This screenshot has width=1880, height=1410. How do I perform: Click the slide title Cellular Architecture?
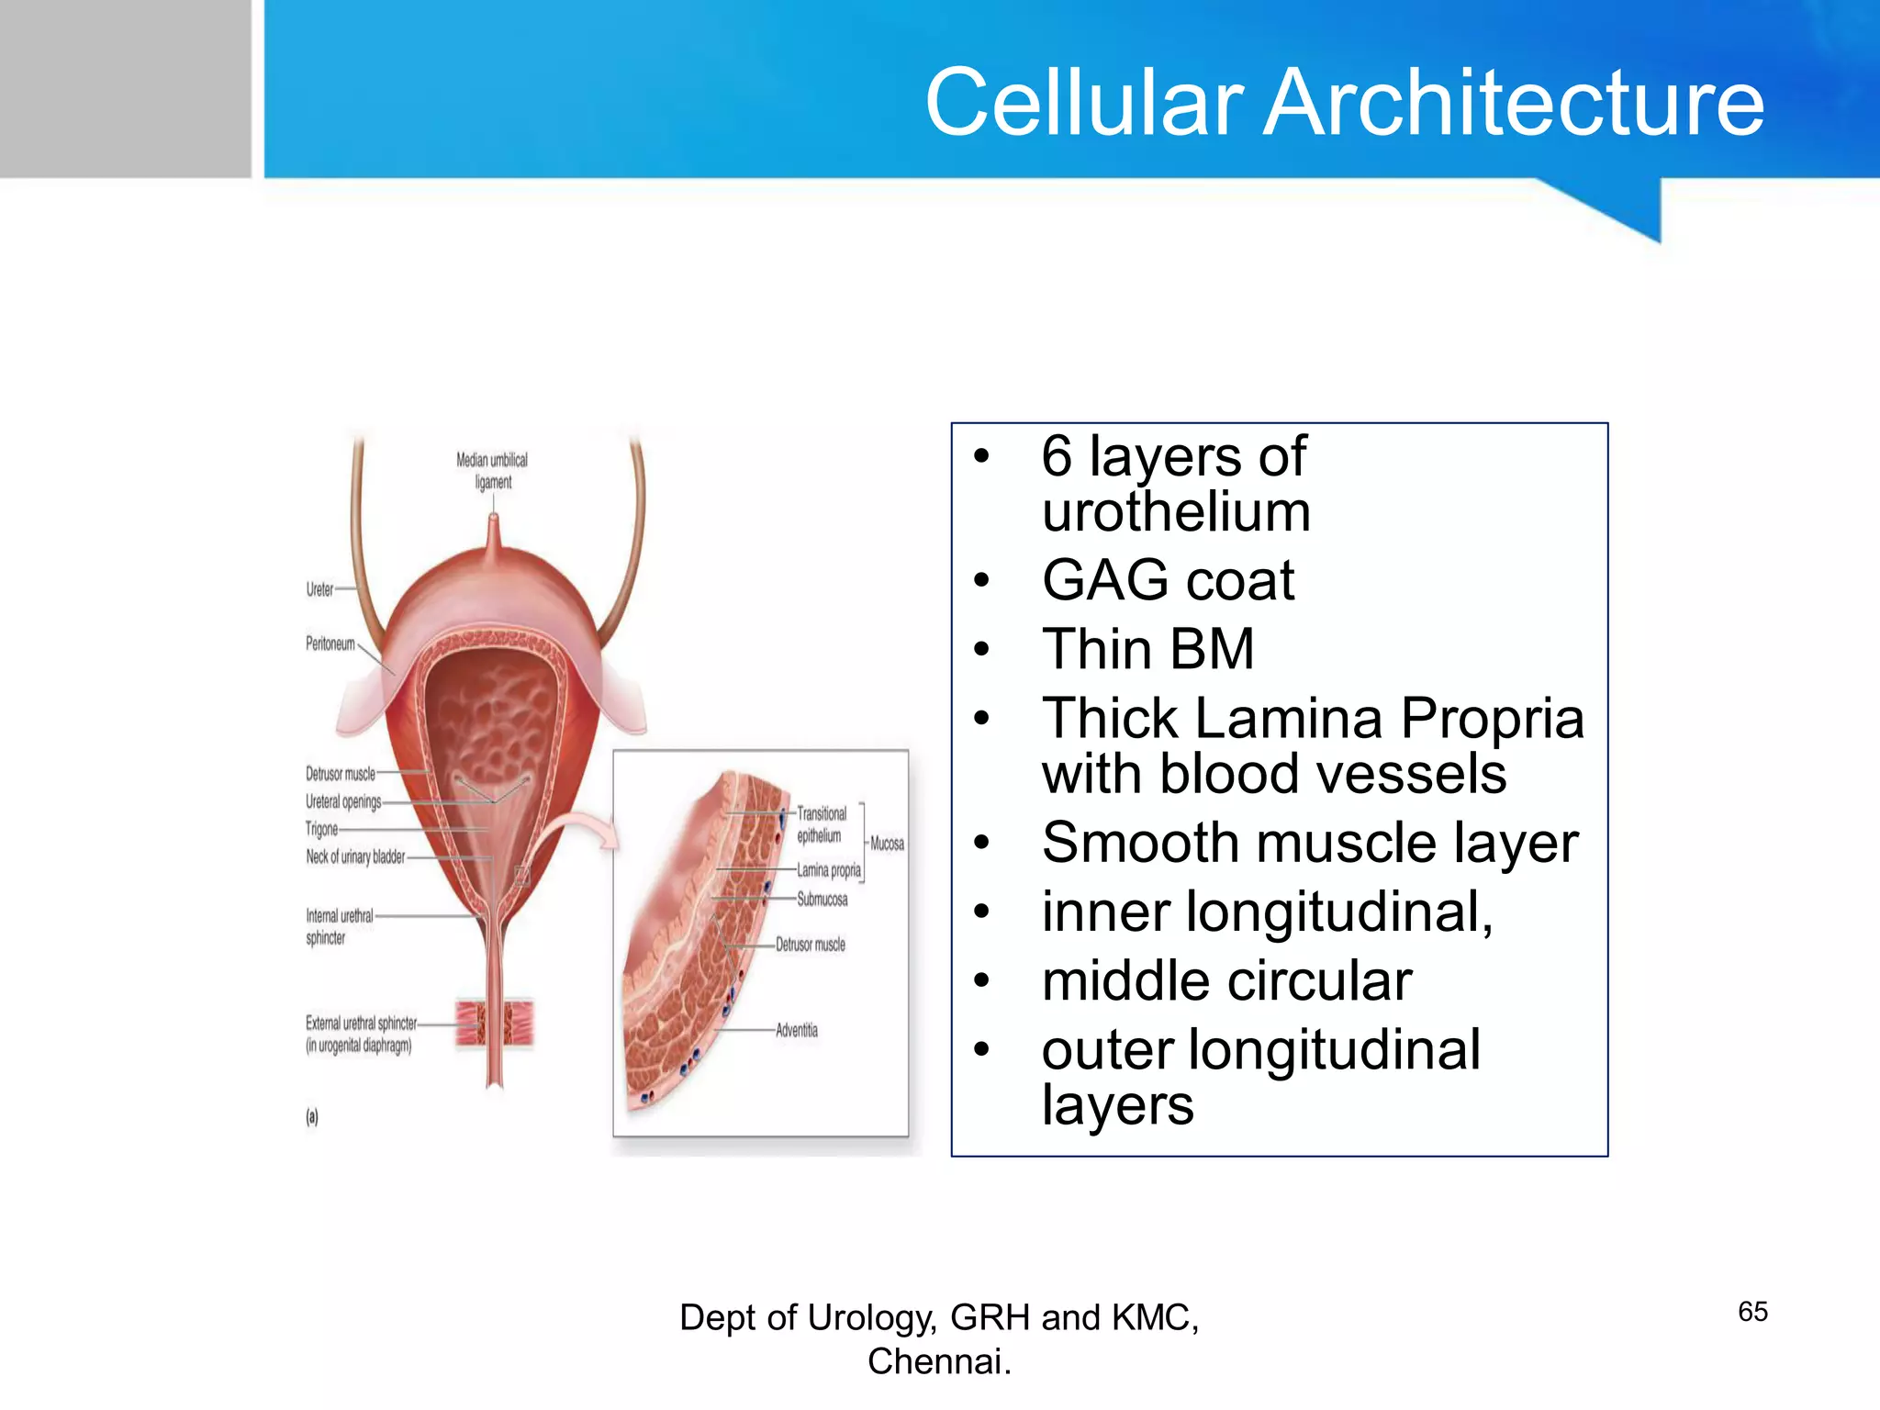(x=1344, y=102)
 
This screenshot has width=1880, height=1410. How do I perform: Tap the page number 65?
(x=1751, y=1311)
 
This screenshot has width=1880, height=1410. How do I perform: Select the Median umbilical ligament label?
(x=492, y=470)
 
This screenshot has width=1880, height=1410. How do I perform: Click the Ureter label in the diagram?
(x=319, y=589)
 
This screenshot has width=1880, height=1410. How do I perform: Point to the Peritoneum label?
(x=330, y=643)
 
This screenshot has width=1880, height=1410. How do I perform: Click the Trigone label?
(x=321, y=829)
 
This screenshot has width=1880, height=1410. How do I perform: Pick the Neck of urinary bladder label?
(x=355, y=856)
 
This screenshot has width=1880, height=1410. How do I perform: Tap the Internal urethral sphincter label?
(x=339, y=926)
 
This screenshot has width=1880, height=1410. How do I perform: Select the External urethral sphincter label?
(x=360, y=1034)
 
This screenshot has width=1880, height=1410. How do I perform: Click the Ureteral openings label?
(x=343, y=801)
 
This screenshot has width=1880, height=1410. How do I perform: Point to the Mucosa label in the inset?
(x=887, y=843)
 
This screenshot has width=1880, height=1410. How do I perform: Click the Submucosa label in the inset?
(x=822, y=899)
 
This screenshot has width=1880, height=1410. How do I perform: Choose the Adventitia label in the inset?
(x=796, y=1030)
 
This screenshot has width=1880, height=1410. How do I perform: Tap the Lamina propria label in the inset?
(x=828, y=869)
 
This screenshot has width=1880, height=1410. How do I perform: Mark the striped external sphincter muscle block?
(x=496, y=1023)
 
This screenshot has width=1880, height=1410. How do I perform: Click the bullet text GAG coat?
(x=1167, y=580)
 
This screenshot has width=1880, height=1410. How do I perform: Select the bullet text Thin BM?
(x=1147, y=649)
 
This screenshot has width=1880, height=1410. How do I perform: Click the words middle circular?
(x=1226, y=980)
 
